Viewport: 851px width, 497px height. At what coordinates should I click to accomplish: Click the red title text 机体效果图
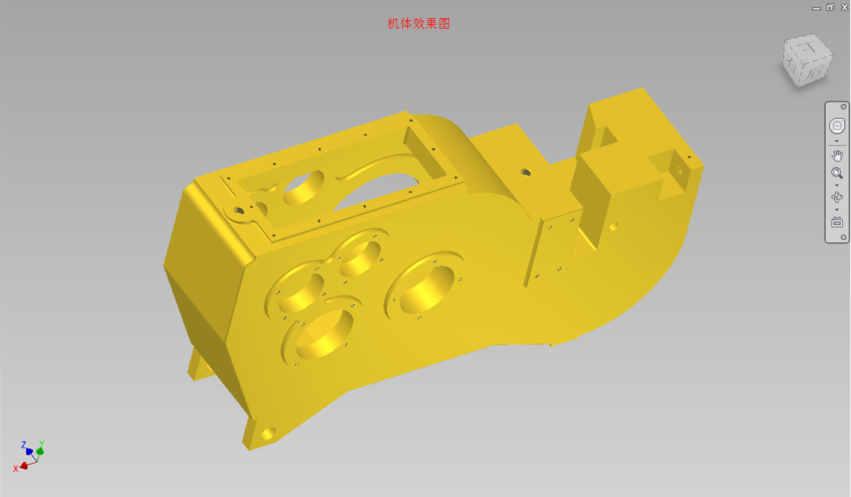(x=418, y=24)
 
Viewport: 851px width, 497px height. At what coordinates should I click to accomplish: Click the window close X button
(x=844, y=7)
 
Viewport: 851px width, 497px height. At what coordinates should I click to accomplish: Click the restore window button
(x=830, y=7)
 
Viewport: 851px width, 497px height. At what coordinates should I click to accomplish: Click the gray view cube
(x=807, y=60)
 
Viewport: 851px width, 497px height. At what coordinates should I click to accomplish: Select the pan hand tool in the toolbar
(x=837, y=156)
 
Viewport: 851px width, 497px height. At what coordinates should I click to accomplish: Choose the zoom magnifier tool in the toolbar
(x=837, y=173)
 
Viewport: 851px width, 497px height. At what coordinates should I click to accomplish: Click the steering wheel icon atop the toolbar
(x=837, y=126)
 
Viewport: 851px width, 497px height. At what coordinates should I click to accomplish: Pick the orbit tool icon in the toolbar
(x=837, y=197)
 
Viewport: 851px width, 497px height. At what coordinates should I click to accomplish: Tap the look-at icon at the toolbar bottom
(x=837, y=222)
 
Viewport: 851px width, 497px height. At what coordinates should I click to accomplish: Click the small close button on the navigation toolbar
(x=843, y=107)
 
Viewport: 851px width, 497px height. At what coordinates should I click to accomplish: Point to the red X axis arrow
(x=24, y=465)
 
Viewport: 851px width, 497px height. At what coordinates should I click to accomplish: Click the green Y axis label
(x=42, y=444)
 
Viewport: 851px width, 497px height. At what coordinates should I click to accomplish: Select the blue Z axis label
(x=23, y=445)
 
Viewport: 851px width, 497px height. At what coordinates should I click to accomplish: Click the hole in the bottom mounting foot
(x=268, y=434)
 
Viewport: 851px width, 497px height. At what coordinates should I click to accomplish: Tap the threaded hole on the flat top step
(x=525, y=172)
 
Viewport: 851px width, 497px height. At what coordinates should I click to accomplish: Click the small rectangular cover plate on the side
(x=550, y=250)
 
